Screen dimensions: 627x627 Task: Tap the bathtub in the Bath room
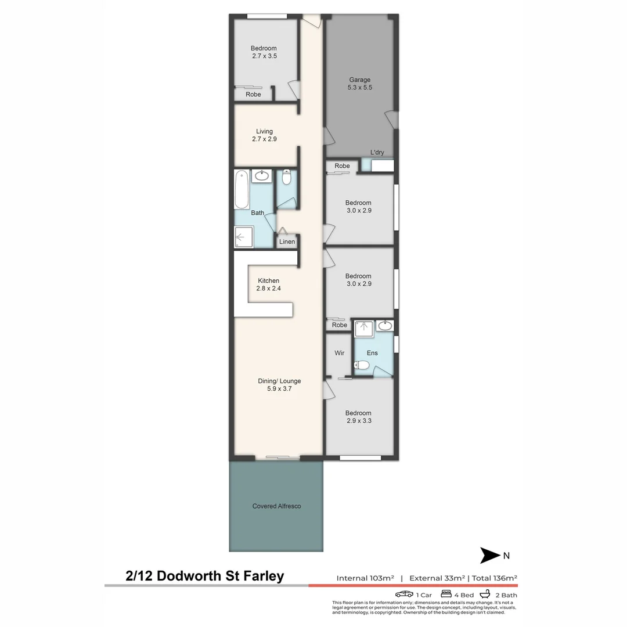[242, 189]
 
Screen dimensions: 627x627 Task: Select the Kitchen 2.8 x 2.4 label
[268, 284]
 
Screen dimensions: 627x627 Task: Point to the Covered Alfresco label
[276, 506]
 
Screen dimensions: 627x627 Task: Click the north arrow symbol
[490, 556]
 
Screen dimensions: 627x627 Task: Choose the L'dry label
[377, 153]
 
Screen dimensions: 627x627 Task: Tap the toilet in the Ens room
[361, 365]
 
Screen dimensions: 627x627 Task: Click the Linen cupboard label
[287, 242]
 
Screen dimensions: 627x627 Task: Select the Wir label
[340, 353]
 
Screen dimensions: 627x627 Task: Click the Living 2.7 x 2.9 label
[264, 135]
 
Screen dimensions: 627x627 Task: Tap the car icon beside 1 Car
[404, 594]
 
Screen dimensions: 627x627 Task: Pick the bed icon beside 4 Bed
[446, 594]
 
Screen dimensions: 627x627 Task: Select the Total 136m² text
[495, 578]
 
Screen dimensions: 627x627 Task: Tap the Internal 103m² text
[365, 578]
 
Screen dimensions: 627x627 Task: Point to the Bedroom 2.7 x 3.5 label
[264, 52]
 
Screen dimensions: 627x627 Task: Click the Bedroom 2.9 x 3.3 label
[359, 417]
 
